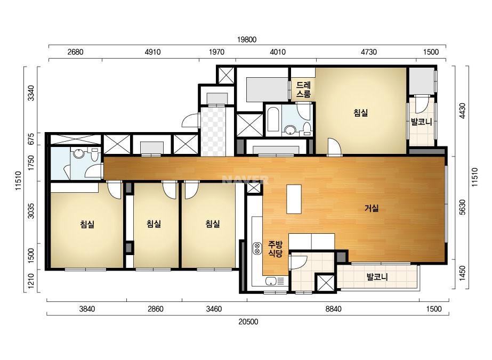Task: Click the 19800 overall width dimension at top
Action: pos(247,40)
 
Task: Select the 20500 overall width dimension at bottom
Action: pos(248,322)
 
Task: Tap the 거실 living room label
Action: pos(372,208)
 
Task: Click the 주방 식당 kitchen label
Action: pos(275,249)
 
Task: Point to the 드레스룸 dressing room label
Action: pos(303,89)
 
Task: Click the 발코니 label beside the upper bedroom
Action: pos(422,121)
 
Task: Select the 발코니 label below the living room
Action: pos(377,277)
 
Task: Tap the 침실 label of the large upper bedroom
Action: pos(361,113)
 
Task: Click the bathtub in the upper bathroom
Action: pos(273,119)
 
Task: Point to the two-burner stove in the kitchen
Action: pos(257,248)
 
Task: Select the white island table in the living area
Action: pos(294,199)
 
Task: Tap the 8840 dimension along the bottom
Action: pos(333,309)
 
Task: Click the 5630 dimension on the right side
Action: pos(462,207)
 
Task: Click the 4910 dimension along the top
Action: pos(152,52)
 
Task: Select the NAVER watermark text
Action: pos(245,180)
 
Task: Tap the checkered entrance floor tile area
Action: pos(213,132)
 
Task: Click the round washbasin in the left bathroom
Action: pos(77,154)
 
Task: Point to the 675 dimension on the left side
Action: pos(31,139)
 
